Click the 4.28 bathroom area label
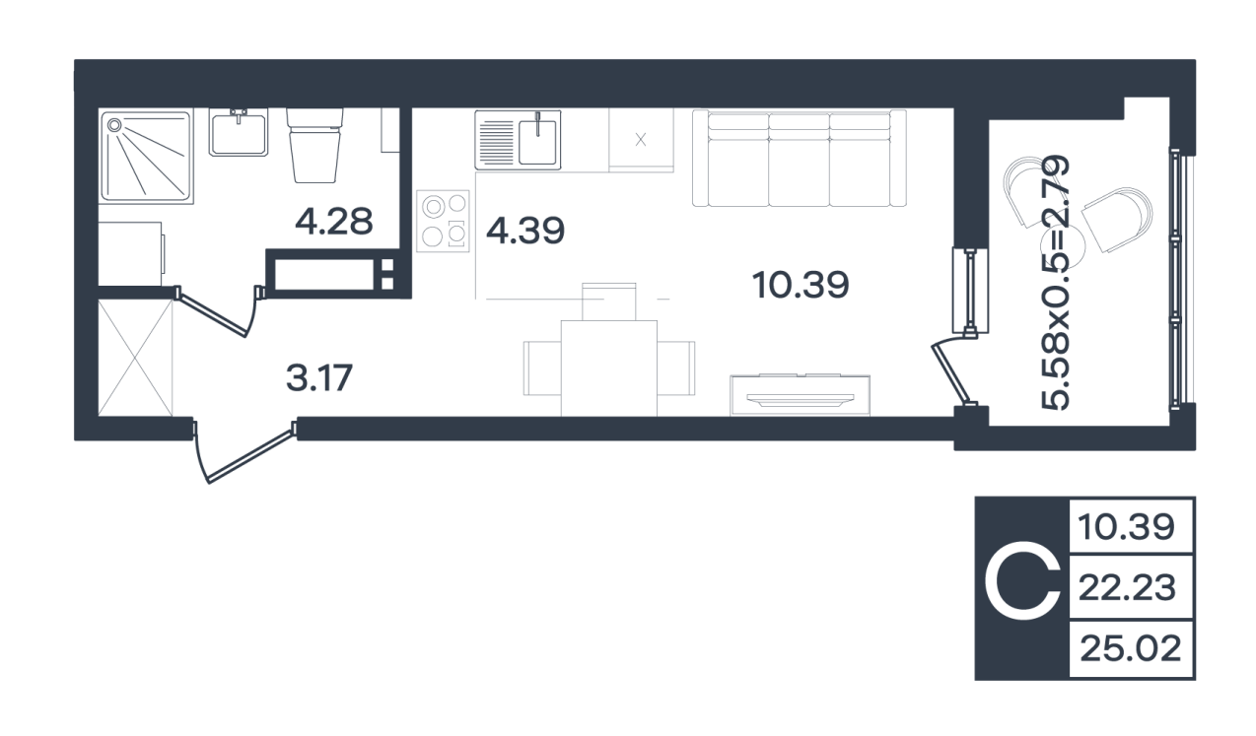coord(333,221)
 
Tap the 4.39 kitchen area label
coord(525,231)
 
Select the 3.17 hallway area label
coord(319,377)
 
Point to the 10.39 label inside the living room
coord(801,285)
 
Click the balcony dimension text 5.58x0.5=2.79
coord(1056,282)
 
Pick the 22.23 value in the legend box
coord(1127,587)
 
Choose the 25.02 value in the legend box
coord(1131,648)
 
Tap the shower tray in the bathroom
coord(146,156)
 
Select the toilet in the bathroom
coord(314,145)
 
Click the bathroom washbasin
coord(239,132)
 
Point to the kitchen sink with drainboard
coord(518,140)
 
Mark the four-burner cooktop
coord(443,221)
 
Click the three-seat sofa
coord(799,158)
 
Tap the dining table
coord(609,368)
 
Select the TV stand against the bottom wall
coord(801,395)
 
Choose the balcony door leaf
coord(953,374)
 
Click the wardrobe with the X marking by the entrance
coord(135,358)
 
